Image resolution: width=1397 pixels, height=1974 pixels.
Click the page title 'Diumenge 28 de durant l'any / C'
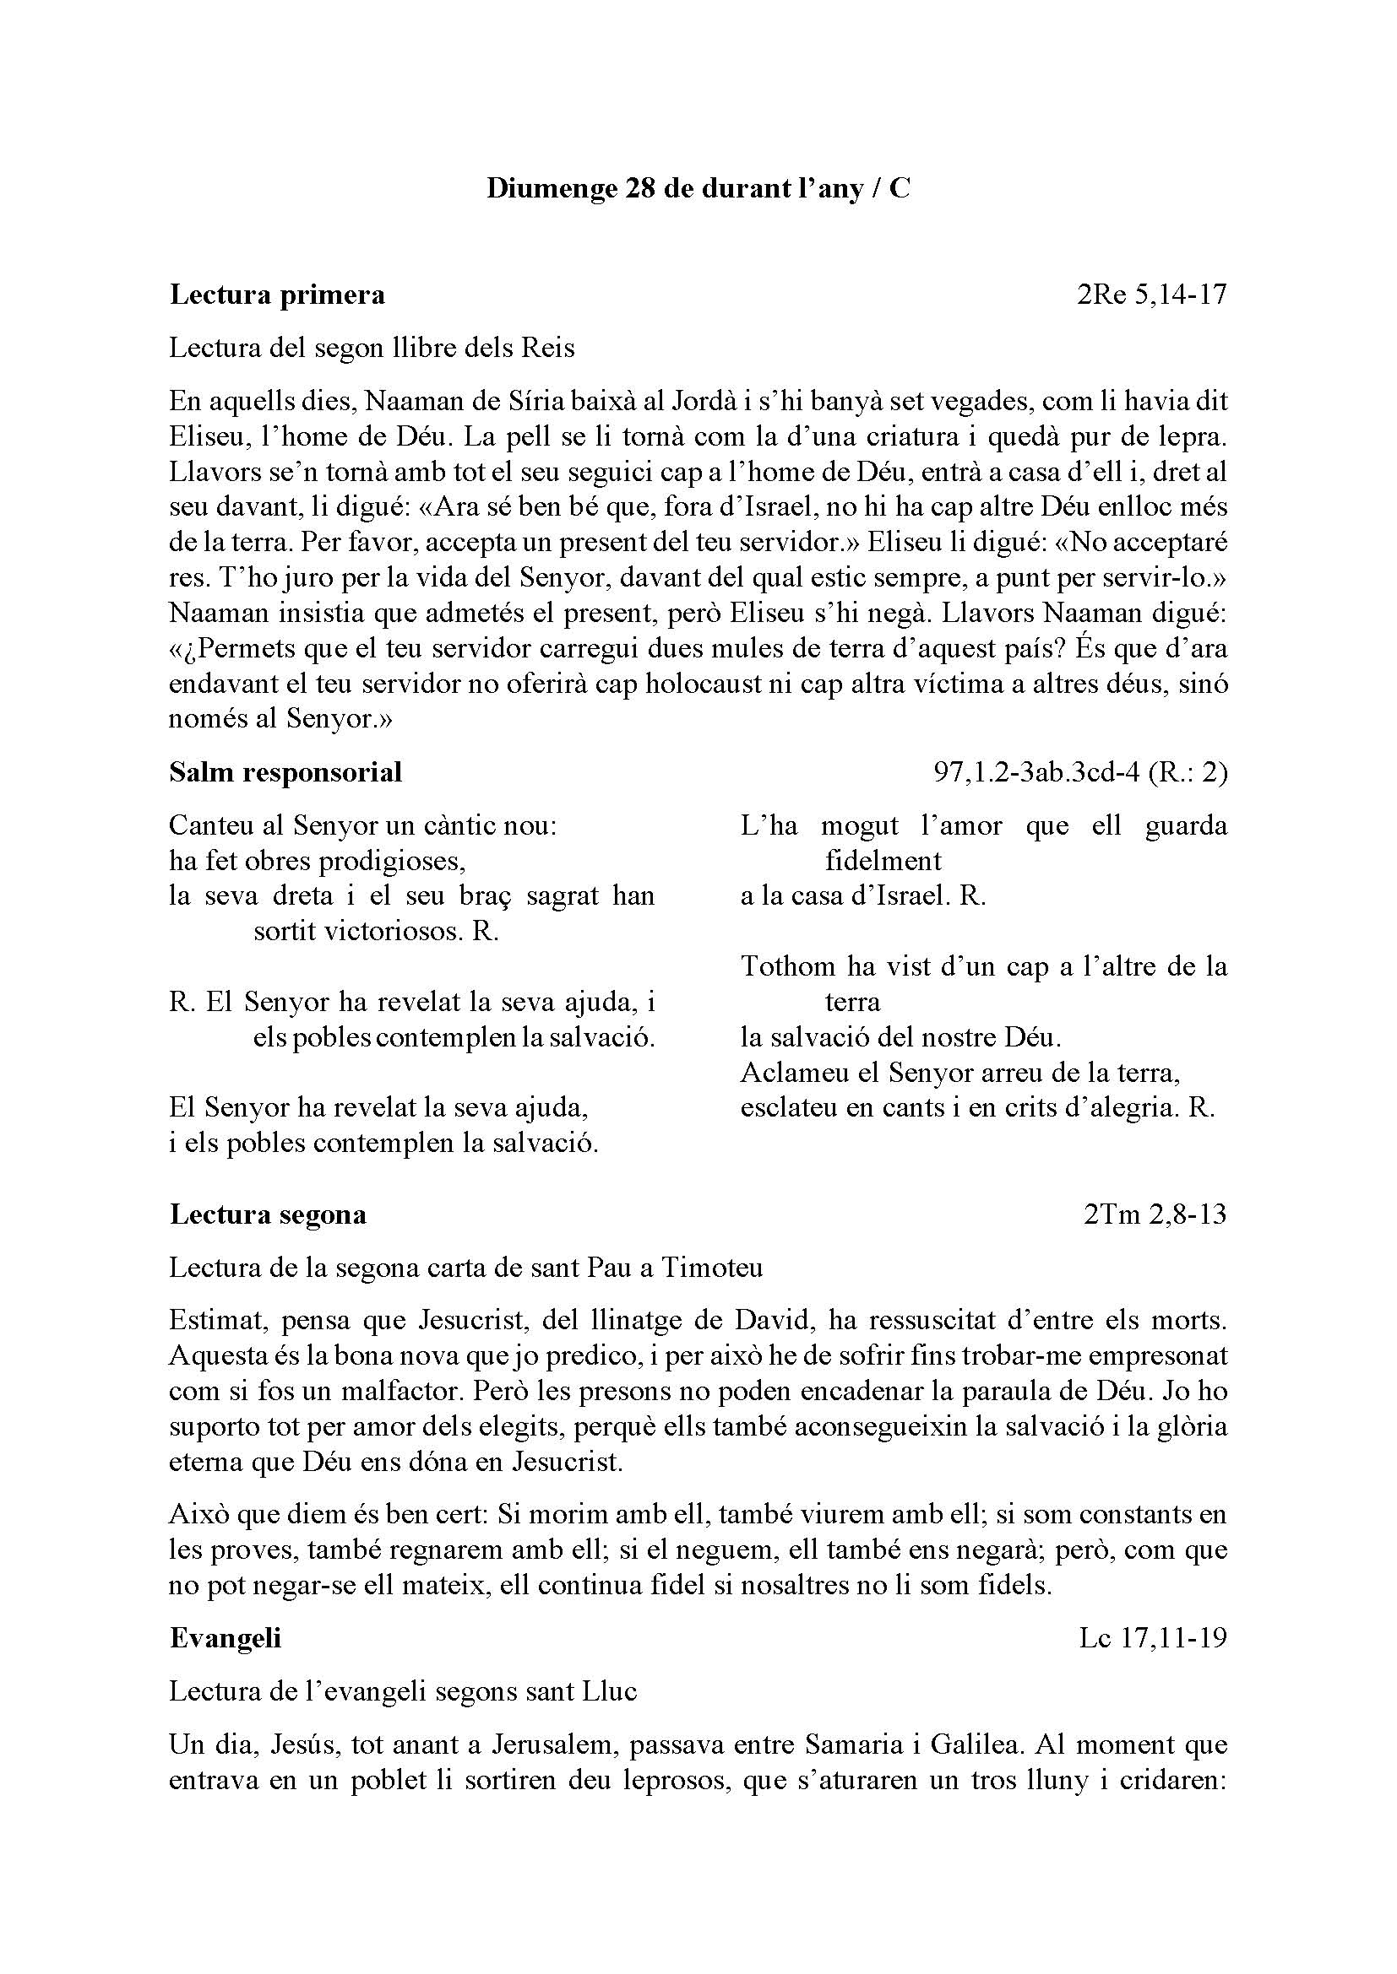click(698, 188)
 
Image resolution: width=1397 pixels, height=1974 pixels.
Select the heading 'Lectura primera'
click(277, 295)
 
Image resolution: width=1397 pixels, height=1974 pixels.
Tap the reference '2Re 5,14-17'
click(1151, 295)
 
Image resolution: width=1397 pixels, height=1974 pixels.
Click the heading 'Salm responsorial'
click(285, 772)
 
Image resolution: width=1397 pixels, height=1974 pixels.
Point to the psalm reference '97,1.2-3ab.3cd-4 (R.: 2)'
click(1080, 772)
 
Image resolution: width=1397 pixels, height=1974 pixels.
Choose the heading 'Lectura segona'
click(269, 1214)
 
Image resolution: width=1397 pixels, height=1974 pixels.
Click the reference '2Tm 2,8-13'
click(1155, 1214)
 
